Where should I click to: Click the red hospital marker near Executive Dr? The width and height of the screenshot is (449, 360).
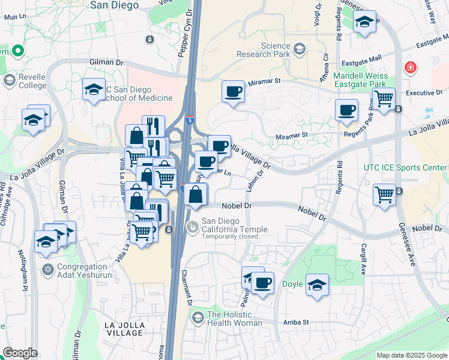[411, 68]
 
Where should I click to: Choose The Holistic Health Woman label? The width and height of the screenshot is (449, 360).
[234, 319]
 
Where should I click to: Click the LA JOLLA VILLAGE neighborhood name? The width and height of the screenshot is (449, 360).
[125, 329]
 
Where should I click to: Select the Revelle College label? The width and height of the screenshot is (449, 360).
[24, 80]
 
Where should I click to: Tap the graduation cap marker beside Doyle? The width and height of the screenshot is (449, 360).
[318, 284]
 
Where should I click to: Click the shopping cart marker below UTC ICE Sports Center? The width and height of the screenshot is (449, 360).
[384, 194]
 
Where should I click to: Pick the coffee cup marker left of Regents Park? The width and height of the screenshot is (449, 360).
[346, 110]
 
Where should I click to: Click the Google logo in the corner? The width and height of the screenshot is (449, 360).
[20, 353]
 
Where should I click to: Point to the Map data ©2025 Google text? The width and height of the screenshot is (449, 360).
[411, 355]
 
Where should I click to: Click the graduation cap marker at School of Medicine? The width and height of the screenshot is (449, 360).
[94, 89]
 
